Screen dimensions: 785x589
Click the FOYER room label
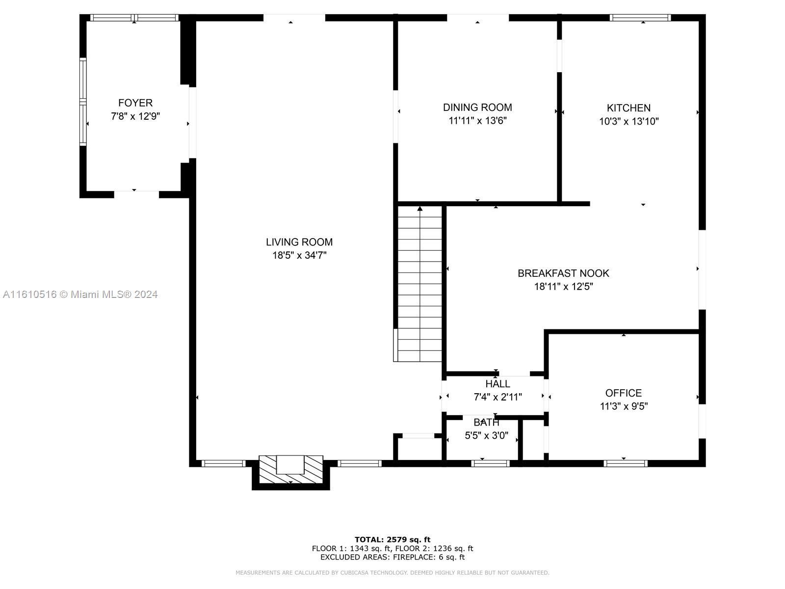135,103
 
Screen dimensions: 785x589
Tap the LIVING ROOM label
299,242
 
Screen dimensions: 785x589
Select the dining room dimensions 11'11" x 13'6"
477,121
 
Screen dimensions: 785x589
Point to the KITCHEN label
628,107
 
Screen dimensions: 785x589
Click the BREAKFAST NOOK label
563,273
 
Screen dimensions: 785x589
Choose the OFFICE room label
624,393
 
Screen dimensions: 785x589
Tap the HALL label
497,384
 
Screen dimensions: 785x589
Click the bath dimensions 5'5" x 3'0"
486,435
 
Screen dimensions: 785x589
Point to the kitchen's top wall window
640,18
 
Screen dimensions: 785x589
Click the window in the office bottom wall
625,463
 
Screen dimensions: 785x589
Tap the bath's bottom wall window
490,463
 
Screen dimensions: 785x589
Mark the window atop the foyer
134,18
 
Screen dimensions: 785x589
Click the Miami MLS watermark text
80,294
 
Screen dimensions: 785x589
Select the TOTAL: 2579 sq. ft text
392,539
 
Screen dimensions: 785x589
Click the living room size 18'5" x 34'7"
299,255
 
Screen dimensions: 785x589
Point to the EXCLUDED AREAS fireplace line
392,557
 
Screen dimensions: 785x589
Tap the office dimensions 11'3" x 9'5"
624,406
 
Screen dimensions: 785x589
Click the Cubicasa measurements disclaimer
392,572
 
